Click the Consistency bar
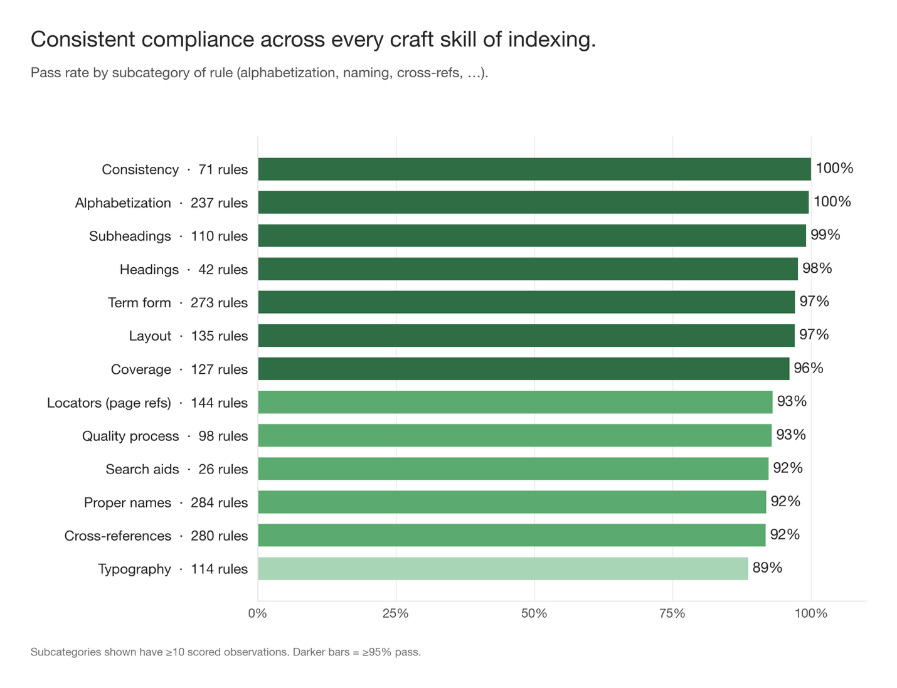point(534,169)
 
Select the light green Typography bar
point(503,568)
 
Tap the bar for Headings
point(528,268)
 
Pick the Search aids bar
point(513,468)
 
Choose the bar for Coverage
point(523,369)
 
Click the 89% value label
point(767,568)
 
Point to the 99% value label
point(825,235)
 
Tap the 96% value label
point(809,368)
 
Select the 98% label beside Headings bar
point(817,268)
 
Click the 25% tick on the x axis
point(395,613)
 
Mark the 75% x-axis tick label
point(672,613)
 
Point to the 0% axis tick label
point(258,613)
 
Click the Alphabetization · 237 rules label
point(161,203)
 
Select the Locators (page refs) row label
point(147,403)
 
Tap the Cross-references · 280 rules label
point(156,536)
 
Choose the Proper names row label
point(166,502)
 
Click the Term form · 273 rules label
point(178,302)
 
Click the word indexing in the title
point(551,40)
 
